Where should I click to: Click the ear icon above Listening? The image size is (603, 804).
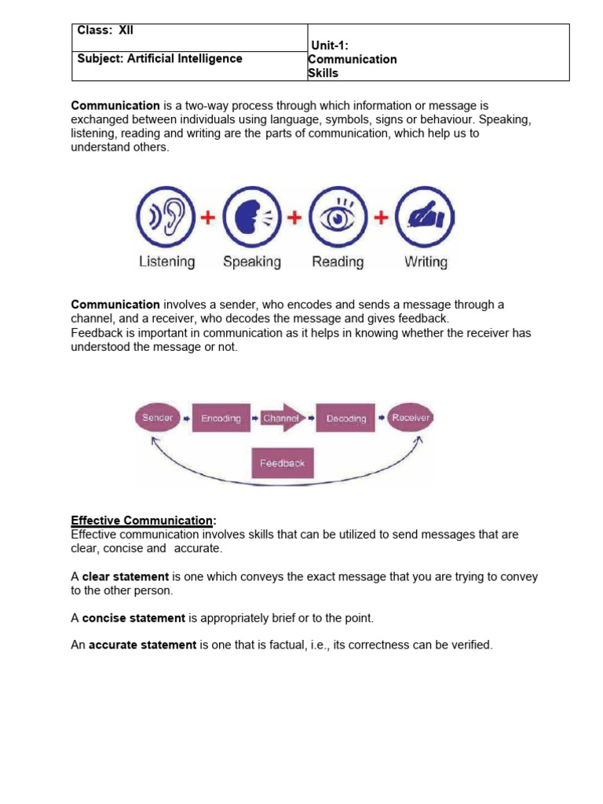[166, 217]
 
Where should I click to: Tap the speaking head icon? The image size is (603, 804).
[252, 217]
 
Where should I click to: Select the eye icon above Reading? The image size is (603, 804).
[338, 217]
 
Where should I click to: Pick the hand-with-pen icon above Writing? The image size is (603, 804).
[425, 217]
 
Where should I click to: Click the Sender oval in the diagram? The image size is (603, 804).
[158, 418]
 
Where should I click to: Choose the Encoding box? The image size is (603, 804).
[221, 418]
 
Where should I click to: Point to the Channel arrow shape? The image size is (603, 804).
[282, 418]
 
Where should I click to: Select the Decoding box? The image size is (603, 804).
[346, 418]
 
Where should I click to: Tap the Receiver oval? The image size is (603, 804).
[411, 418]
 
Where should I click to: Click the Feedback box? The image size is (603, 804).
[283, 463]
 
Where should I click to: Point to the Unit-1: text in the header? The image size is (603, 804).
[330, 46]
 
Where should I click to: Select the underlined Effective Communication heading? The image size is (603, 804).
[142, 521]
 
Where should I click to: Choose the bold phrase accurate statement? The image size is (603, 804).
[142, 645]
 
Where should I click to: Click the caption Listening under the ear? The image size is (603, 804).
[166, 262]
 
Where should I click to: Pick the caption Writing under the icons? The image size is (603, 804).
[426, 262]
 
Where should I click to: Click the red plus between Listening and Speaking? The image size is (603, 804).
[209, 217]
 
